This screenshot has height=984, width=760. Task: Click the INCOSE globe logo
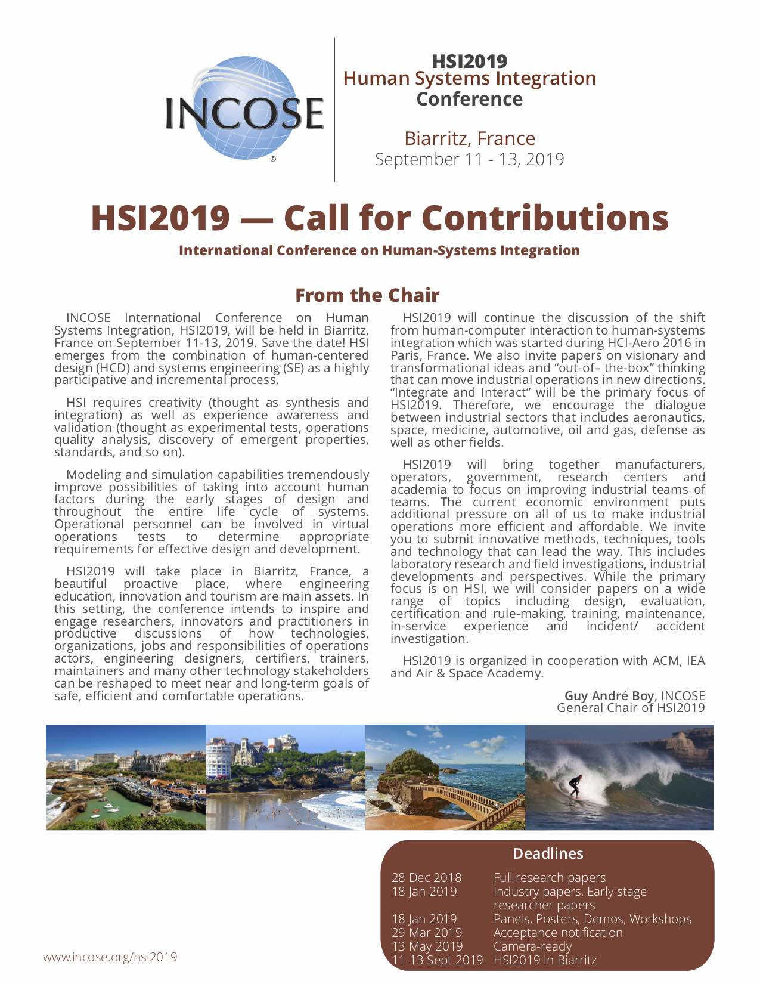pyautogui.click(x=244, y=109)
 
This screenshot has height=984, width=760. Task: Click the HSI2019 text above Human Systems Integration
pyautogui.click(x=469, y=61)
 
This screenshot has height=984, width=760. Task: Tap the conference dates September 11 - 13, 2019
pyautogui.click(x=469, y=159)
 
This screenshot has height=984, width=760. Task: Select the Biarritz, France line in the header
pyautogui.click(x=469, y=138)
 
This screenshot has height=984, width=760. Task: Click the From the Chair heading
pyautogui.click(x=367, y=295)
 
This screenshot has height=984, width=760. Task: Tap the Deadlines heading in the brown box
pyautogui.click(x=548, y=853)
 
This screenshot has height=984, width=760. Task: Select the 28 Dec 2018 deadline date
pyautogui.click(x=426, y=877)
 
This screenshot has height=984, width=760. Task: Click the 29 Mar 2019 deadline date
pyautogui.click(x=427, y=932)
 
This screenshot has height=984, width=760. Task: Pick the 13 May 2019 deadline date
pyautogui.click(x=427, y=946)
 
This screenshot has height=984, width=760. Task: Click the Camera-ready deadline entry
pyautogui.click(x=532, y=946)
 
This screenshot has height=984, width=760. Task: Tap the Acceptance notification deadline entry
pyautogui.click(x=558, y=932)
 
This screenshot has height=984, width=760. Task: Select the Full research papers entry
pyautogui.click(x=549, y=877)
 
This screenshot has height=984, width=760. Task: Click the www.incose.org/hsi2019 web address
pyautogui.click(x=110, y=957)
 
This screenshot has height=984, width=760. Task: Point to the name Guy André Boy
pyautogui.click(x=609, y=695)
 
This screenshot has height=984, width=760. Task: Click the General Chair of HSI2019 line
pyautogui.click(x=631, y=708)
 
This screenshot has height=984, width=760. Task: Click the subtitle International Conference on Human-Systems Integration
pyautogui.click(x=379, y=250)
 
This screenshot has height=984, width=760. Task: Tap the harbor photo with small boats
pyautogui.click(x=126, y=777)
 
